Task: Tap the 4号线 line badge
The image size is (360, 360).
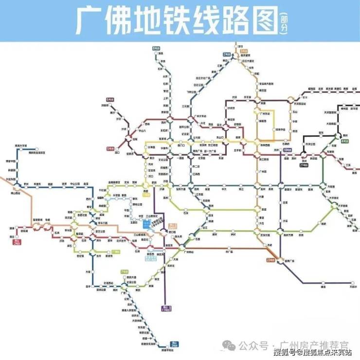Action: [344, 141]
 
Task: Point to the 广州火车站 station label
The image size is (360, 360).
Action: [200, 116]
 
